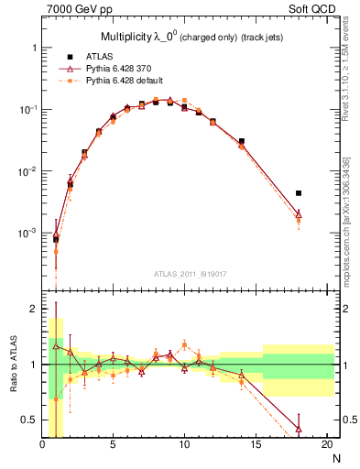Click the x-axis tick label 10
(184, 445)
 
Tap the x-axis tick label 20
(326, 445)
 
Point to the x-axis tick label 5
(114, 445)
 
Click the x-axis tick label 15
(256, 445)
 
